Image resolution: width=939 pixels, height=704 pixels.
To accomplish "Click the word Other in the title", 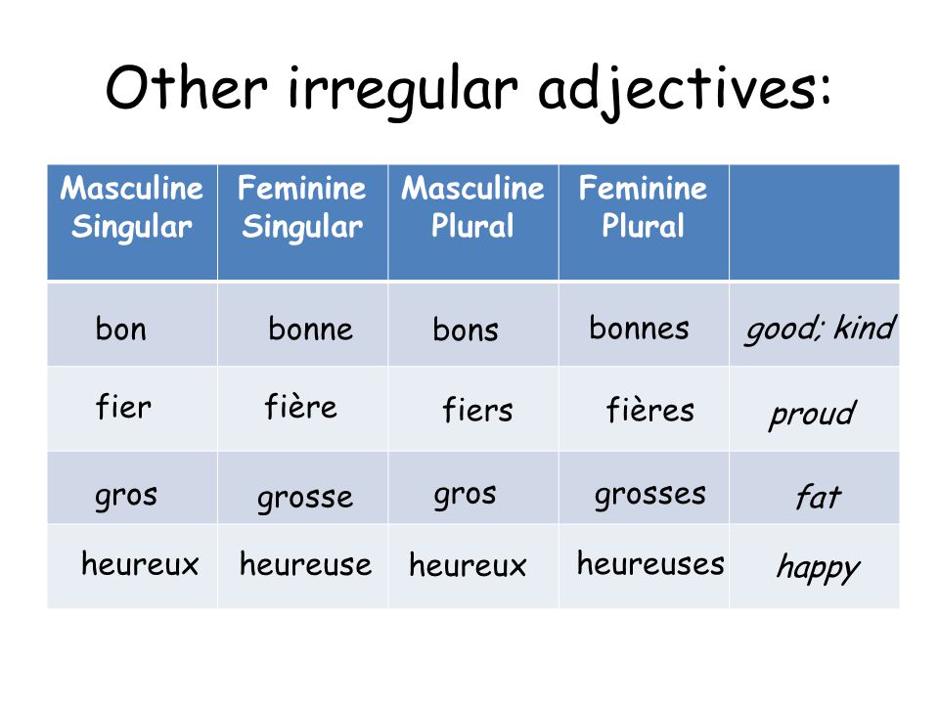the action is (186, 88).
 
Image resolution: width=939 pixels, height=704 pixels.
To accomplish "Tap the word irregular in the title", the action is (403, 92).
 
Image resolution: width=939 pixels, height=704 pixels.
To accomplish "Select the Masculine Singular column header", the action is (132, 207).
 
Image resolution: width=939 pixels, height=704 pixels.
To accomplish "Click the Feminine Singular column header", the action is (302, 207).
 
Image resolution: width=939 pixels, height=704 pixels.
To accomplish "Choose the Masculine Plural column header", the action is (472, 206).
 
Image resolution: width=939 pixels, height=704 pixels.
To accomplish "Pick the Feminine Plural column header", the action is (643, 206).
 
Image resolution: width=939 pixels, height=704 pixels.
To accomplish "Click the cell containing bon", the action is (120, 329).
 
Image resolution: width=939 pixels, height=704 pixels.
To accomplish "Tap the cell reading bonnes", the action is (639, 328).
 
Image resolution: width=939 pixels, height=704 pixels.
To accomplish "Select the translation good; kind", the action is (820, 330).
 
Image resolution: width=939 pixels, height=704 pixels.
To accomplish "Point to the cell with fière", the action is (300, 407).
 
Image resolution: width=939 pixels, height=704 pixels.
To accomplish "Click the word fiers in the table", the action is (477, 410).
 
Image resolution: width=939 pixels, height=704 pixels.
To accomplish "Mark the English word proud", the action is (813, 415).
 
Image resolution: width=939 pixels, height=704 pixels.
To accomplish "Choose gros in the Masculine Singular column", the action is (126, 497).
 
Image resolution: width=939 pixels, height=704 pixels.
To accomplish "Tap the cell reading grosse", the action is (305, 499).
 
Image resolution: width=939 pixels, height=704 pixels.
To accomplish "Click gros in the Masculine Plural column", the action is (465, 495).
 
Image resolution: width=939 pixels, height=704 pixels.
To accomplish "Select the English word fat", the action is (818, 497).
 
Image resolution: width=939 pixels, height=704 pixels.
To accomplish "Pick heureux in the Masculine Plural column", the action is (468, 564).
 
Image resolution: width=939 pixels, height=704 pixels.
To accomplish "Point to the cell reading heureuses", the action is (650, 563).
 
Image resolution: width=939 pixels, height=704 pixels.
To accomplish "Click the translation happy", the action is (818, 568).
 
